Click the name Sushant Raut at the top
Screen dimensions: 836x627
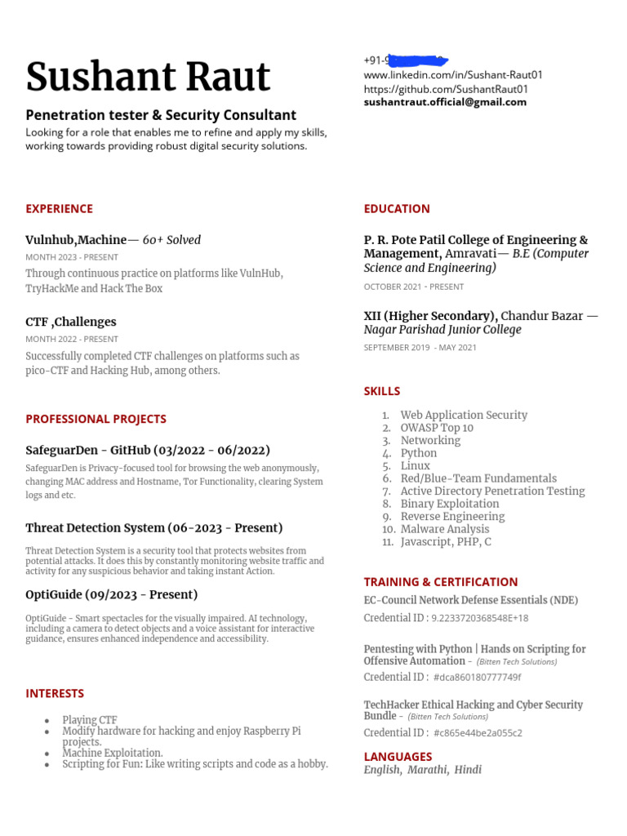148,77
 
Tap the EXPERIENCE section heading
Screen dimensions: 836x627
59,208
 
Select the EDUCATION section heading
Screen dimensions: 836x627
397,208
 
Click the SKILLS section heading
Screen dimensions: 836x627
382,391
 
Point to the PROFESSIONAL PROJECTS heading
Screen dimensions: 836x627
96,419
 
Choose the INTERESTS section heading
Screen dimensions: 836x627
55,693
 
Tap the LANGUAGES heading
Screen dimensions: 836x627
398,756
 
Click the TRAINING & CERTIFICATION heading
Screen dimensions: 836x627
441,581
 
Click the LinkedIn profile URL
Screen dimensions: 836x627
453,74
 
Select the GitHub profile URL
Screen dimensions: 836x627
446,88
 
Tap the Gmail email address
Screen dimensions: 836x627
445,102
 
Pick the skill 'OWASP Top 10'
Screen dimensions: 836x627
437,428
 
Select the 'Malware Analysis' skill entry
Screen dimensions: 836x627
445,529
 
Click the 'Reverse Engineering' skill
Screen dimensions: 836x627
452,516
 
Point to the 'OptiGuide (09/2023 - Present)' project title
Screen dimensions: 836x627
112,594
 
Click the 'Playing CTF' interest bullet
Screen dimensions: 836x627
90,720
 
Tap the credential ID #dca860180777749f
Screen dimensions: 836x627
478,677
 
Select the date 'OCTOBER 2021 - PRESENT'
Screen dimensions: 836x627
414,287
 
